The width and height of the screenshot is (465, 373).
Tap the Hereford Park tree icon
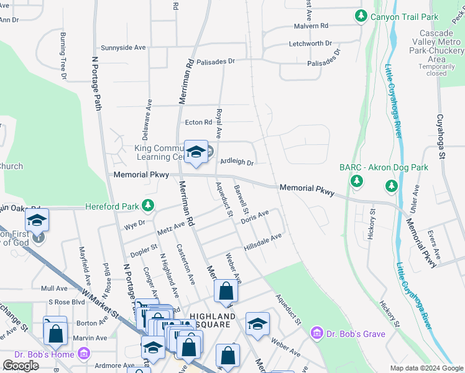coord(147,205)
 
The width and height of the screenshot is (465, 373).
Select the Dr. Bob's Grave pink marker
coord(317,334)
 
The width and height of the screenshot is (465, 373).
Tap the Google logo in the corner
coord(21,366)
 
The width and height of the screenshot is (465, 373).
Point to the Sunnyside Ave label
coord(123,47)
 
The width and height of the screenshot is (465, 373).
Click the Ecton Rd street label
coord(198,122)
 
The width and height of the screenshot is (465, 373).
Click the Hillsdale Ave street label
coord(263,242)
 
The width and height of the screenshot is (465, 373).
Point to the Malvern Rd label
coord(311,26)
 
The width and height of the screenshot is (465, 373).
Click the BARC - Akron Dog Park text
coord(384,167)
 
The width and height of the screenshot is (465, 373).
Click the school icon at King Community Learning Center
coord(196,152)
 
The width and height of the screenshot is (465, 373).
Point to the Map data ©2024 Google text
coord(426,368)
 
